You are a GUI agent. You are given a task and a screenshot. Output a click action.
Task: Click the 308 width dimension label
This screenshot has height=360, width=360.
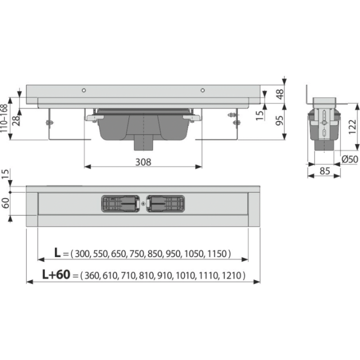(x=143, y=162)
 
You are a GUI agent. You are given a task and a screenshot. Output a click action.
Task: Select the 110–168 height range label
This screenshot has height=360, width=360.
(x=4, y=118)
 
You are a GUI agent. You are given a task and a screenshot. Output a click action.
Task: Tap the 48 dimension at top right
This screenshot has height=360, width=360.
(x=279, y=94)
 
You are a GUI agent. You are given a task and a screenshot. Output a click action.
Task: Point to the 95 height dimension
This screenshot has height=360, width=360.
(x=279, y=120)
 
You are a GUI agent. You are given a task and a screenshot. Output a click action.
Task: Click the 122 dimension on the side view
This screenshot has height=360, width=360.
(x=352, y=126)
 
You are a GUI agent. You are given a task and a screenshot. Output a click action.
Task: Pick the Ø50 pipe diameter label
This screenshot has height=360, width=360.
(x=350, y=159)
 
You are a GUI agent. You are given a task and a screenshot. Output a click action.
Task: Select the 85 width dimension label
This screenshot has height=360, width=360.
(x=324, y=171)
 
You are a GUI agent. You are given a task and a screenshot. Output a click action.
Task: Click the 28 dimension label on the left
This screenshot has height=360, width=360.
(x=16, y=120)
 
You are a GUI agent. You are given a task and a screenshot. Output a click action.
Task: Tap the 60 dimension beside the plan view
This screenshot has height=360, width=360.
(x=5, y=203)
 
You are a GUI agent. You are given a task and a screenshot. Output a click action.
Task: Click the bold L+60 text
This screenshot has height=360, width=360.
(x=56, y=274)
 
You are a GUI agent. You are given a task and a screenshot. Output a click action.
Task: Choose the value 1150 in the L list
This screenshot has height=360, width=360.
(x=217, y=253)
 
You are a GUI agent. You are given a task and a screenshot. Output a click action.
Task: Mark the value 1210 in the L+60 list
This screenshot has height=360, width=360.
(x=231, y=275)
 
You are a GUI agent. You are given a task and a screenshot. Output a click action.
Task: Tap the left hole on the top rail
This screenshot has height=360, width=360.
(x=84, y=90)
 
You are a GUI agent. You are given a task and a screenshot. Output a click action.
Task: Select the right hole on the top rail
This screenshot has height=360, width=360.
(x=202, y=90)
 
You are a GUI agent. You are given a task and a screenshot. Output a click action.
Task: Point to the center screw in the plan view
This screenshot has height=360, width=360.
(x=143, y=203)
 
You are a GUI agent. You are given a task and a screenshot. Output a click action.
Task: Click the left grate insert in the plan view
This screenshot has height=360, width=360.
(x=120, y=203)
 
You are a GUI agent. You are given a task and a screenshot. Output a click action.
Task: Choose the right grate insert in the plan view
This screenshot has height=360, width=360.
(x=165, y=203)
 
